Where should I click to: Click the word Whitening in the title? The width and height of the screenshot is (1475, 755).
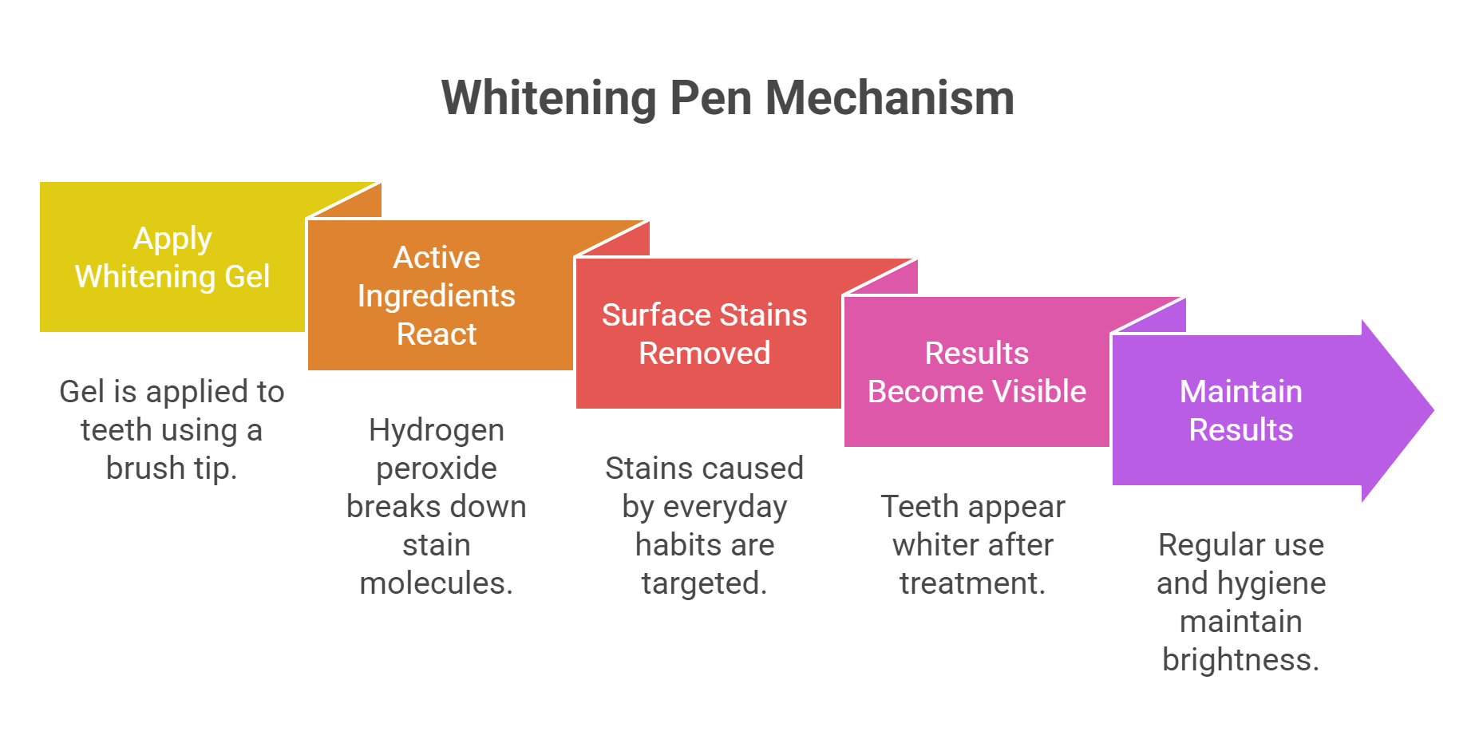pyautogui.click(x=548, y=98)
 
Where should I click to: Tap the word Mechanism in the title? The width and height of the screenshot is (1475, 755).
pyautogui.click(x=889, y=98)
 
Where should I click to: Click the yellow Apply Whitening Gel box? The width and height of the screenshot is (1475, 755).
pyautogui.click(x=172, y=258)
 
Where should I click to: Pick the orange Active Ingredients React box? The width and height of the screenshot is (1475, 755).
pyautogui.click(x=437, y=295)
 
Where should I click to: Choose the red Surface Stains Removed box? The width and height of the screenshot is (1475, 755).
pyautogui.click(x=704, y=334)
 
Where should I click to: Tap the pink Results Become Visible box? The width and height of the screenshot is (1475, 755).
pyautogui.click(x=976, y=372)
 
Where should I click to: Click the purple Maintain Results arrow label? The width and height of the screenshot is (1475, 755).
pyautogui.click(x=1240, y=410)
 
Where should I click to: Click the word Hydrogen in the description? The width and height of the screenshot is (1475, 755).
pyautogui.click(x=437, y=430)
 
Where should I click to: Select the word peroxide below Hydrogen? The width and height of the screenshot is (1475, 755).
pyautogui.click(x=437, y=468)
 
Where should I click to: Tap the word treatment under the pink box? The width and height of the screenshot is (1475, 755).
pyautogui.click(x=972, y=583)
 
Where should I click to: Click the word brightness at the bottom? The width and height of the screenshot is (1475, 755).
pyautogui.click(x=1240, y=660)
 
